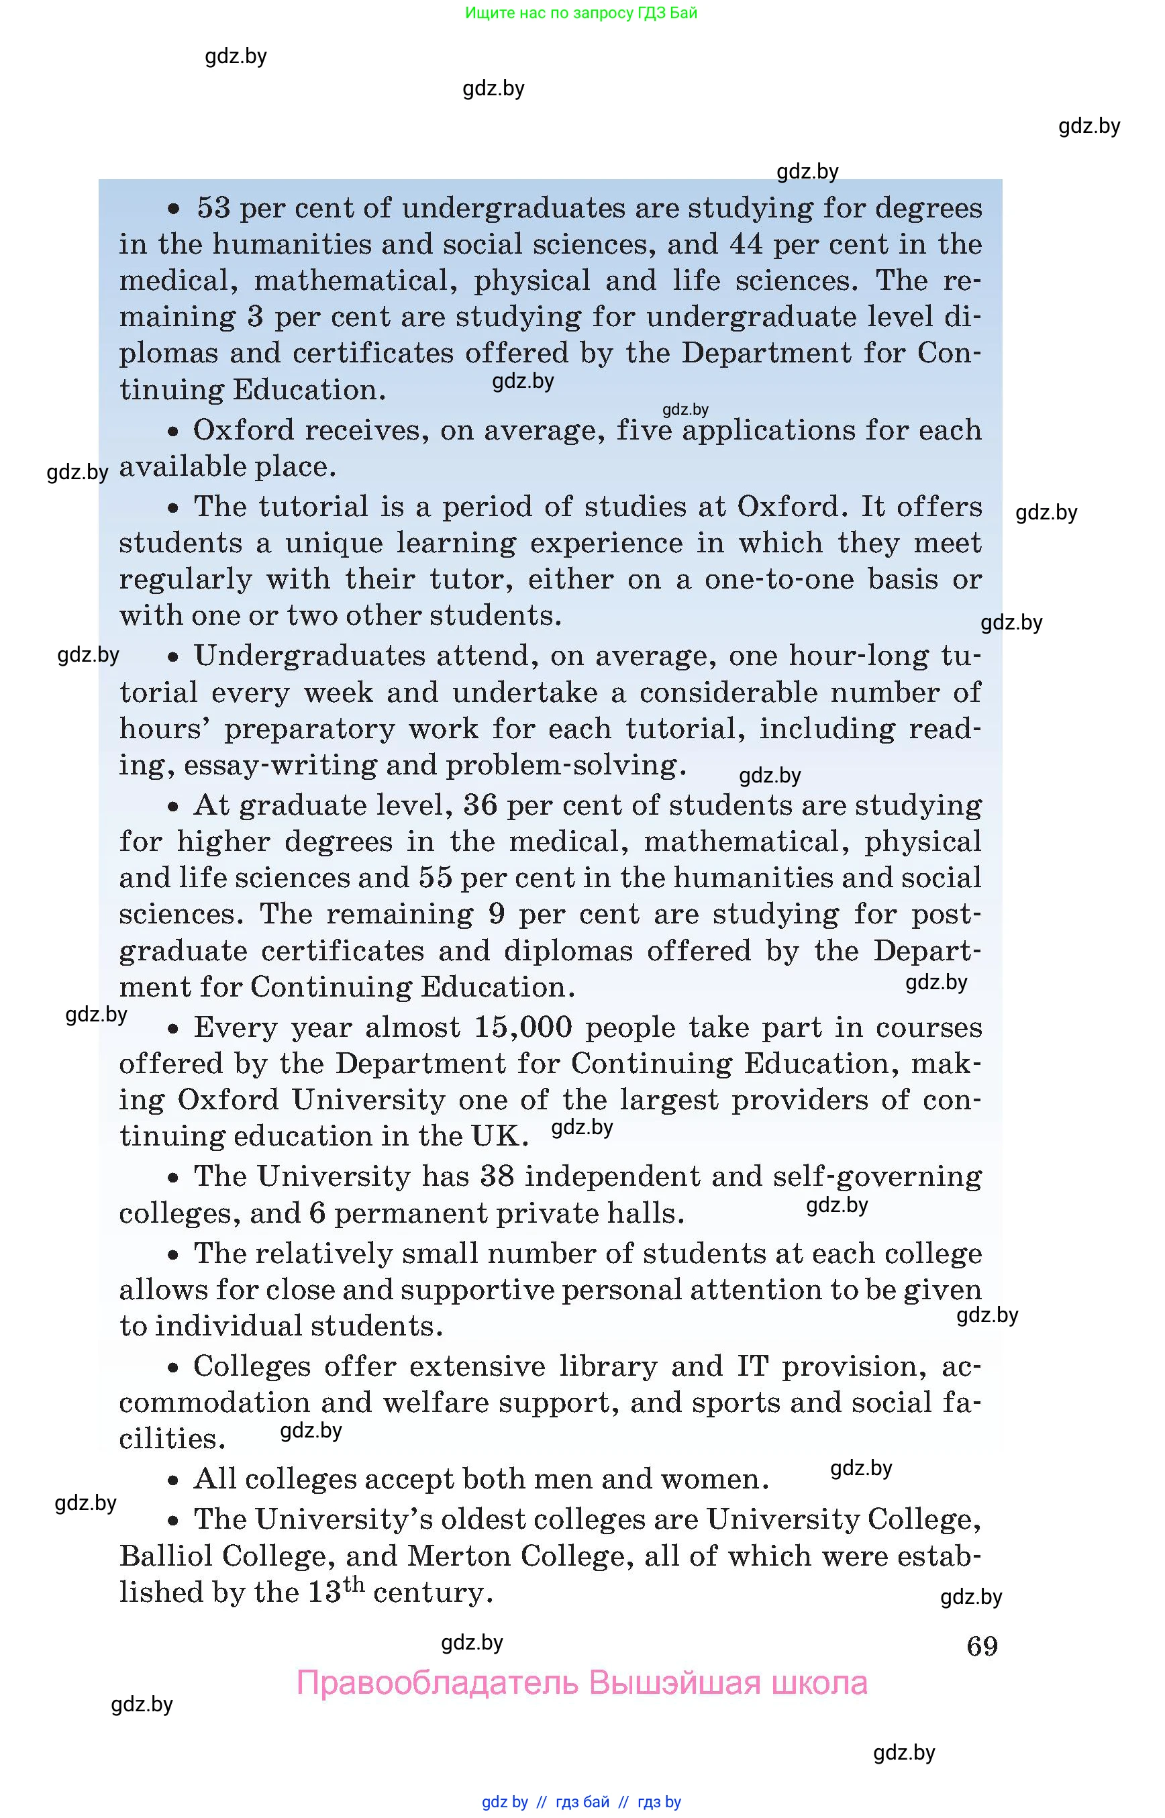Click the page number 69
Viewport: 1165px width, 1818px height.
click(x=981, y=1646)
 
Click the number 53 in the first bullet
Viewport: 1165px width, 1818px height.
click(x=213, y=208)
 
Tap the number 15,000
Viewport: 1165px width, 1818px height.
click(x=523, y=1027)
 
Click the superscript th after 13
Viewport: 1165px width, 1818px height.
click(x=353, y=1584)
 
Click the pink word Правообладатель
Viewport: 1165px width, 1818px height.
click(x=438, y=1683)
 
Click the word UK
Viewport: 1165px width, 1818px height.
click(x=499, y=1136)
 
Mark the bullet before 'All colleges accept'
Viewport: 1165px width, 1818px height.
click(x=173, y=1480)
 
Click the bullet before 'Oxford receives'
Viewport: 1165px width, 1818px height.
click(x=173, y=432)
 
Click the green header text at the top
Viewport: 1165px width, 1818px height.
click(x=581, y=13)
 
